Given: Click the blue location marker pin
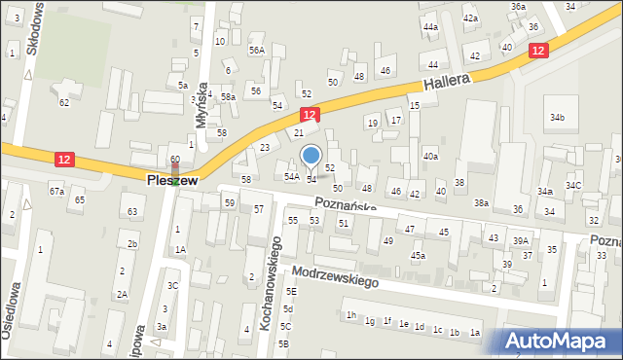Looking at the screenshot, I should pyautogui.click(x=311, y=157).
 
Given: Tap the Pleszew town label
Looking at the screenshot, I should pyautogui.click(x=172, y=181).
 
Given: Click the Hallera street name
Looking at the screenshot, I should pyautogui.click(x=447, y=82).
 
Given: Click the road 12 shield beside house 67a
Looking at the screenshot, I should pyautogui.click(x=63, y=158).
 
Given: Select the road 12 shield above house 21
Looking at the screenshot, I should pyautogui.click(x=308, y=115).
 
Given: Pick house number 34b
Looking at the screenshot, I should pyautogui.click(x=556, y=118).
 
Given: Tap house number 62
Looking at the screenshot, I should pyautogui.click(x=64, y=102).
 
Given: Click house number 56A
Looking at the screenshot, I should pyautogui.click(x=256, y=50).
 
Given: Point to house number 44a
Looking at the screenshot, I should pyautogui.click(x=430, y=26).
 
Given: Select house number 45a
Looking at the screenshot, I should pyautogui.click(x=418, y=256).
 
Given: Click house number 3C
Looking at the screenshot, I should pyautogui.click(x=172, y=285).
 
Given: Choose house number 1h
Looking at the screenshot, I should pyautogui.click(x=351, y=314).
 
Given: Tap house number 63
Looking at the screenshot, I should pyautogui.click(x=131, y=210).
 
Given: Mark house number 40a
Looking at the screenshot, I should pyautogui.click(x=429, y=156).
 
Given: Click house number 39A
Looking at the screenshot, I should pyautogui.click(x=522, y=241).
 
